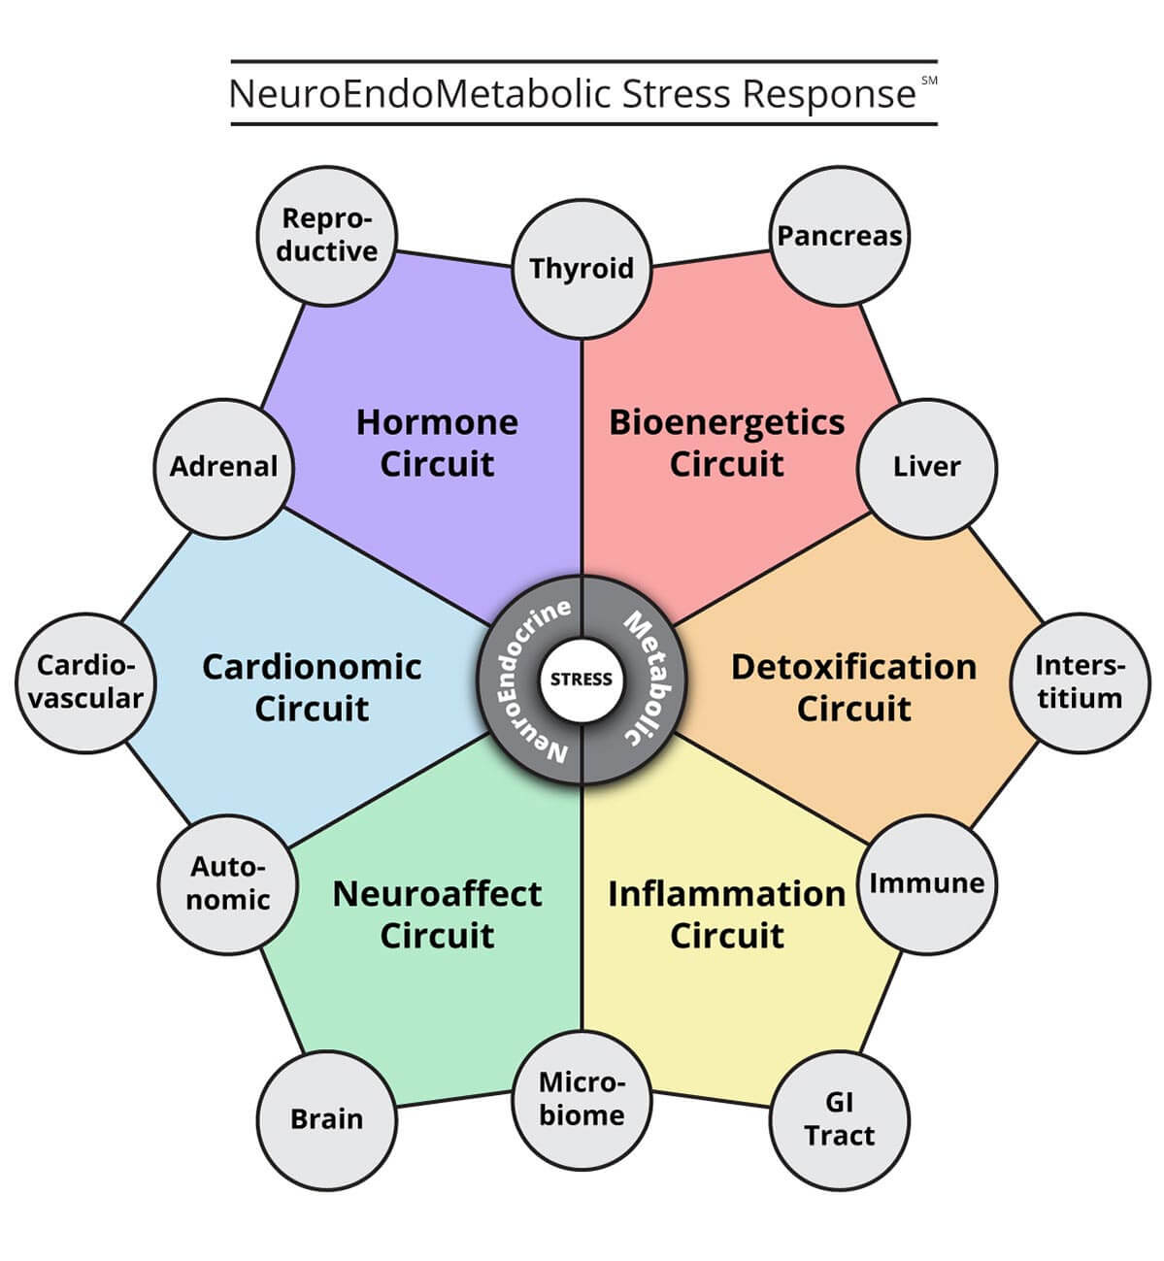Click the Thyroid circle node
coord(582,269)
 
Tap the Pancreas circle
coord(840,236)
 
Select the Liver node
coord(926,467)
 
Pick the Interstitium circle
coord(1079,682)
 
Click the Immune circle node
coord(926,883)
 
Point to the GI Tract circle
coord(839,1119)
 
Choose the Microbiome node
coord(582,1099)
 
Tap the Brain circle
coord(326,1119)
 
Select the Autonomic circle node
coord(228,883)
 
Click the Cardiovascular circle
coord(86,682)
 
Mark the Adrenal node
coord(224,467)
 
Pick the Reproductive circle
coord(326,236)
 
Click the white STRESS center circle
coord(582,680)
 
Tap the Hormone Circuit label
coord(437,443)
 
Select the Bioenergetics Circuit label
coord(726,443)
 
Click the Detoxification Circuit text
coord(853,687)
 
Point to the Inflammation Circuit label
coord(726,914)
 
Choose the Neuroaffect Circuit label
coord(437,914)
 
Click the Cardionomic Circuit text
coord(312,687)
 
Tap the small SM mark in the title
coord(929,82)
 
